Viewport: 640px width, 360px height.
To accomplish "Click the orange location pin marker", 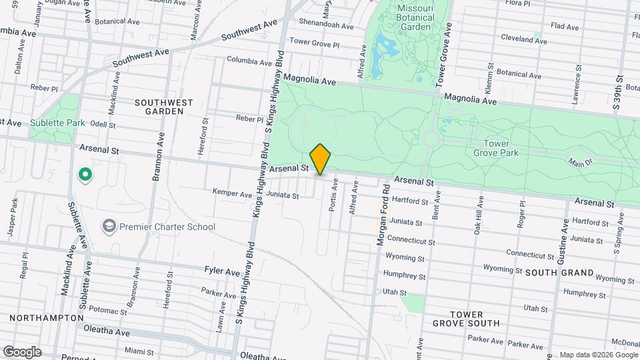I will (321, 159).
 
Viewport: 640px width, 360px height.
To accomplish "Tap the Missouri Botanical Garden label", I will (416, 17).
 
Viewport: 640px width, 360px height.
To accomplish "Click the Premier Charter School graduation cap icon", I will (109, 227).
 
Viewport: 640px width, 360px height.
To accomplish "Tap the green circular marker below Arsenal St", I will (85, 175).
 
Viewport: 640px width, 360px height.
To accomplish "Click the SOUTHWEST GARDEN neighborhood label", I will (163, 107).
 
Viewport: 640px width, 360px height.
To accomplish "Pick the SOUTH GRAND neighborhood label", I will (559, 273).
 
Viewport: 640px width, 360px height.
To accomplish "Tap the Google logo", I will (22, 352).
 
